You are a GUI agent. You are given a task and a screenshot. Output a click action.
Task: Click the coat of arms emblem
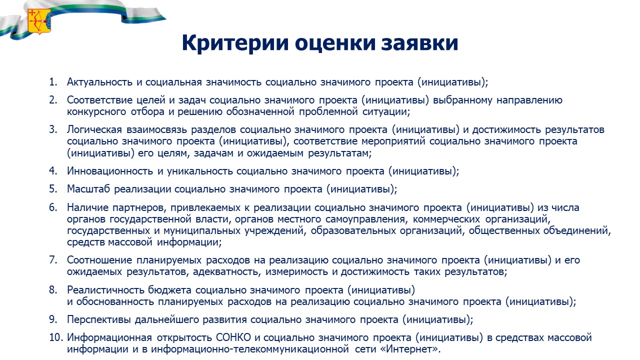[x=39, y=21]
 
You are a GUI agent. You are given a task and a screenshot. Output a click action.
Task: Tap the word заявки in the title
[x=419, y=43]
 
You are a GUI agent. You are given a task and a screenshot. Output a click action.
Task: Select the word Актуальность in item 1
[x=99, y=82]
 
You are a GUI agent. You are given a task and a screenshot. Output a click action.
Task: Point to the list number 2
[x=53, y=100]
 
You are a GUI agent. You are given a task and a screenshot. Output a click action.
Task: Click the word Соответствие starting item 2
[x=99, y=100]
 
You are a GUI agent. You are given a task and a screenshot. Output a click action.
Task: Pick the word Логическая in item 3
[x=94, y=129]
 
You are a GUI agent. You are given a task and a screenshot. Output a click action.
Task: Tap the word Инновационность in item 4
[x=110, y=171]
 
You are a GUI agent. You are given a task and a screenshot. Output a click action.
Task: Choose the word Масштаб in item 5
[x=88, y=189]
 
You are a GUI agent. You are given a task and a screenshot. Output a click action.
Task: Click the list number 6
[x=53, y=207]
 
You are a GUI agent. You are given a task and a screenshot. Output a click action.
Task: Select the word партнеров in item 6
[x=139, y=207]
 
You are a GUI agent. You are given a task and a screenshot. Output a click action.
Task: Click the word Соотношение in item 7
[x=99, y=260]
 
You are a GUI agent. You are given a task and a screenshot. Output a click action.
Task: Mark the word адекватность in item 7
[x=227, y=271]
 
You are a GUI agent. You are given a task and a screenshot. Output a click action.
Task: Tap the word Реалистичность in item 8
[x=105, y=290]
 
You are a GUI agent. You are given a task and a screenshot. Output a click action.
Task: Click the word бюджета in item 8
[x=169, y=290]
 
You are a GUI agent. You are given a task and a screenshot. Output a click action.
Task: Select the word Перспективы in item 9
[x=99, y=319]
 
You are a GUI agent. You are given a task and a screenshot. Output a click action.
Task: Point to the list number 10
[x=55, y=337]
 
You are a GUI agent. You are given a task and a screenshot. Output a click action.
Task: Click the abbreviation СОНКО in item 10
[x=233, y=337]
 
